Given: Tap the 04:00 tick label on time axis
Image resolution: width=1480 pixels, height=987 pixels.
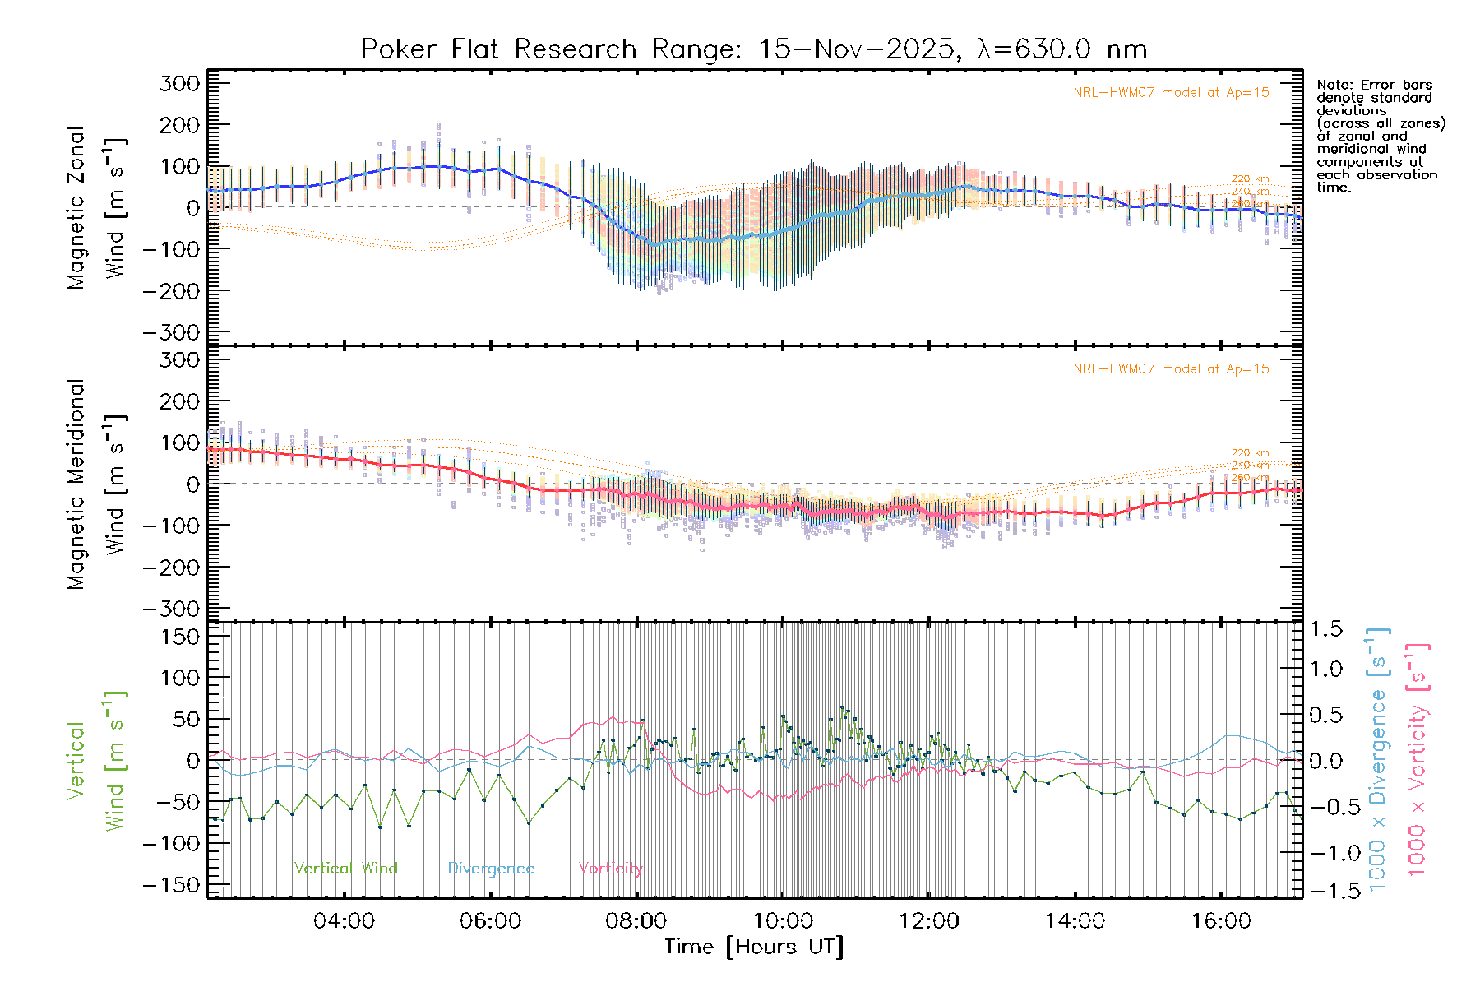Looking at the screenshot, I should coord(344,921).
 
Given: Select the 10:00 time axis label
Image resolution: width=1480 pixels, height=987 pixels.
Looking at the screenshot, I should coord(783,921).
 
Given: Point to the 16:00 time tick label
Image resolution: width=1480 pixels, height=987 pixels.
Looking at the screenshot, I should coord(1221,921).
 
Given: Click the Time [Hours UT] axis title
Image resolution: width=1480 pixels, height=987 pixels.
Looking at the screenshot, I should coord(754,948).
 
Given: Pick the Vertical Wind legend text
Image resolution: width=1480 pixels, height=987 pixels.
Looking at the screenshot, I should coord(345,869).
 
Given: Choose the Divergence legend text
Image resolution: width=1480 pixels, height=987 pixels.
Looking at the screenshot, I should coord(491,869).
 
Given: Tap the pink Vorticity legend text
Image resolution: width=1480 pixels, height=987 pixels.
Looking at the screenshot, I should coord(610,869).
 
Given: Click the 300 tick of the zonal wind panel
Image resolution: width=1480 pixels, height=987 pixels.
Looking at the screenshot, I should coord(179,84).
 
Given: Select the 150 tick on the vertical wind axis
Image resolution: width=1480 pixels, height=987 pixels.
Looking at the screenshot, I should coord(179,637).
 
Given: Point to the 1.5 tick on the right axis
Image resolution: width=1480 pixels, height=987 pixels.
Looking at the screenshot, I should coord(1325,629).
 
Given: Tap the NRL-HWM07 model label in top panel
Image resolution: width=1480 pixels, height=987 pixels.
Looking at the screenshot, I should coord(1171,93).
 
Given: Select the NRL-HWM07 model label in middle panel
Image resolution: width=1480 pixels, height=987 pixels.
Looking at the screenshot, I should coord(1171,369).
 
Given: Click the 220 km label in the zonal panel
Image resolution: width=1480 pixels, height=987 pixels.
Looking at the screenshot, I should coord(1250,178).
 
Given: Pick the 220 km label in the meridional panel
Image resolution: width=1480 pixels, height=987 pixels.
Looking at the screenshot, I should coord(1250,453).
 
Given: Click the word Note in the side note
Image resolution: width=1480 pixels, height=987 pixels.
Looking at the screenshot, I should coord(1334,85).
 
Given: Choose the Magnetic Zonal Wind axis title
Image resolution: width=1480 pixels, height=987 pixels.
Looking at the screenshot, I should coord(96,207).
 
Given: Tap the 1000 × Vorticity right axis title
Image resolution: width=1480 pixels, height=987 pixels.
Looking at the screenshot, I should coord(1418,758).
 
